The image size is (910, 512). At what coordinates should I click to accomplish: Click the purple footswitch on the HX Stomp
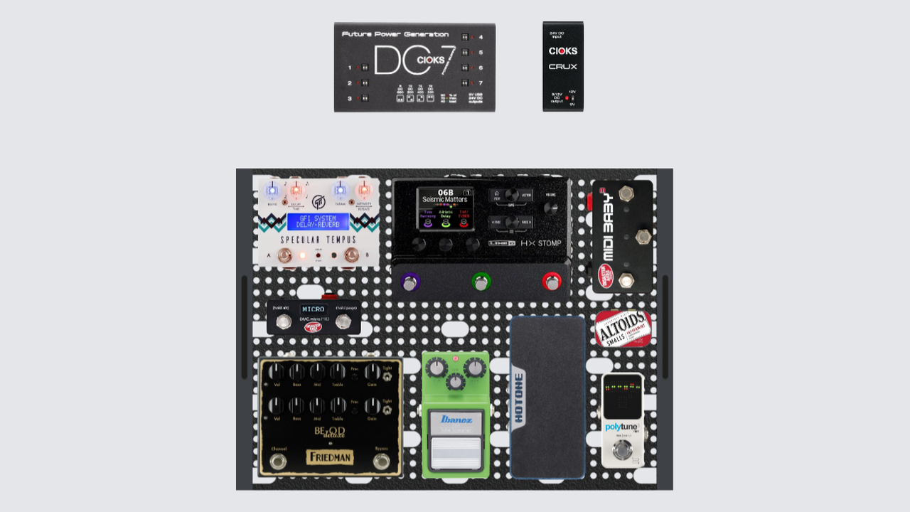pyautogui.click(x=409, y=283)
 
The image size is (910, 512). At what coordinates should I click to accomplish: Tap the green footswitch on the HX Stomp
pyautogui.click(x=481, y=283)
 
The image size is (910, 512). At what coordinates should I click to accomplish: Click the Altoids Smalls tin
pyautogui.click(x=623, y=329)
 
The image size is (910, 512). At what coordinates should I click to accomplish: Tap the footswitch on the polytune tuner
pyautogui.click(x=622, y=450)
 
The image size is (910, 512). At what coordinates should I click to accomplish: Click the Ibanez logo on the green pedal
pyautogui.click(x=456, y=419)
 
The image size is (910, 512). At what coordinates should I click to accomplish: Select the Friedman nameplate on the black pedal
pyautogui.click(x=330, y=457)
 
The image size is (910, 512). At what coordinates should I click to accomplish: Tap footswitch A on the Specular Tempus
pyautogui.click(x=284, y=255)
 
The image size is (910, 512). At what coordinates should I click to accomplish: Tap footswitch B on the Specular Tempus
pyautogui.click(x=350, y=255)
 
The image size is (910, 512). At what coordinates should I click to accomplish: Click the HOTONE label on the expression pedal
pyautogui.click(x=518, y=399)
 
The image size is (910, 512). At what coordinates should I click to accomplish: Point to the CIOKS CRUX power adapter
pyautogui.click(x=563, y=66)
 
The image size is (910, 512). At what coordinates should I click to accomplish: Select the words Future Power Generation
pyautogui.click(x=395, y=34)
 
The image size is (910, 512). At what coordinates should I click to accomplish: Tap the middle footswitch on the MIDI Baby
pyautogui.click(x=643, y=237)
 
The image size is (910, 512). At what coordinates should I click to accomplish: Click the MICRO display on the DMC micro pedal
pyautogui.click(x=314, y=309)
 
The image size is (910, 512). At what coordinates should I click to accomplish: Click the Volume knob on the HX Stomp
pyautogui.click(x=551, y=208)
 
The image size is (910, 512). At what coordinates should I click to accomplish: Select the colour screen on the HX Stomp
pyautogui.click(x=446, y=209)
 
